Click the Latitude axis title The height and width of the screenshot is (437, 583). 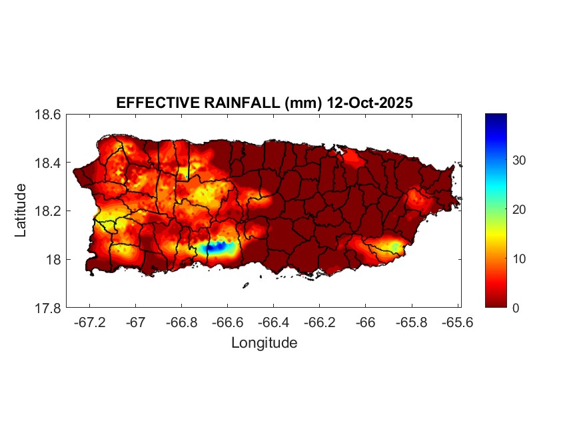click(21, 211)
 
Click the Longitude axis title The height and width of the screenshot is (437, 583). click(264, 343)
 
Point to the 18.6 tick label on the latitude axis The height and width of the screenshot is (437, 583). click(48, 115)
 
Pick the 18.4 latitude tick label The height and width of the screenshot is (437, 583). click(48, 163)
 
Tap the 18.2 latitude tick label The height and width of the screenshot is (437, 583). click(48, 211)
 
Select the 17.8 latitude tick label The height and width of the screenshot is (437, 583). click(48, 308)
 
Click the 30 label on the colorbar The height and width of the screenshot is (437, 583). click(519, 161)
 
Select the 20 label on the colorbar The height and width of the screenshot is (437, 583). click(519, 210)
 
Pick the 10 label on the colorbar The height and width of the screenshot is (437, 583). click(519, 258)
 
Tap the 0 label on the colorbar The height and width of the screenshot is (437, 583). click(516, 308)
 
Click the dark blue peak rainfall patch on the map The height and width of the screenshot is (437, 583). click(215, 247)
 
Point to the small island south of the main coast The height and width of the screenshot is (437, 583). click(245, 285)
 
